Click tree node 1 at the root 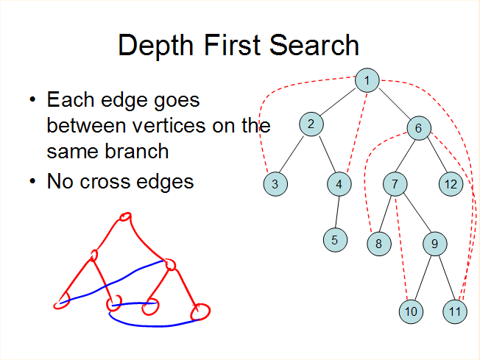click(x=367, y=80)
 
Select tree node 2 click(x=311, y=124)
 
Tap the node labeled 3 click(x=275, y=184)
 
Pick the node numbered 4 click(x=339, y=184)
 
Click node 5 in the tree click(x=335, y=240)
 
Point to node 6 click(x=419, y=128)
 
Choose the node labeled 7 click(x=395, y=184)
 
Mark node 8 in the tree click(x=379, y=244)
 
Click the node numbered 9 click(x=435, y=244)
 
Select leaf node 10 click(x=411, y=311)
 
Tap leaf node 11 click(x=455, y=311)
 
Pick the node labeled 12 click(x=451, y=184)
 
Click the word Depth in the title click(x=156, y=46)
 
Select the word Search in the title click(x=314, y=45)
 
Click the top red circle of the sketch click(x=125, y=216)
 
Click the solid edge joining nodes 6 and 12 click(x=438, y=155)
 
